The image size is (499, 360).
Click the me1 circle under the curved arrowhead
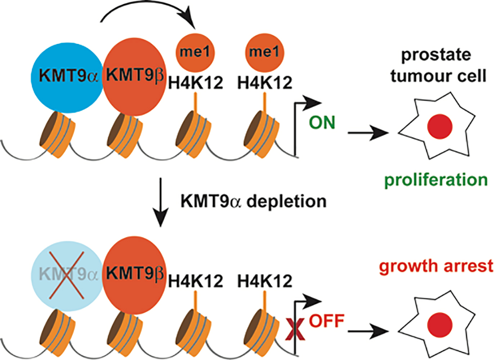(195, 52)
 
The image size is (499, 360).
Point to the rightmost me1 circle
(264, 52)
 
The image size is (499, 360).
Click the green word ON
(322, 123)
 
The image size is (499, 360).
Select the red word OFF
(326, 321)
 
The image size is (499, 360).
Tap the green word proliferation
(436, 180)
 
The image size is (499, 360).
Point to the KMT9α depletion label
(253, 201)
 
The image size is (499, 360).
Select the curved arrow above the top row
(148, 11)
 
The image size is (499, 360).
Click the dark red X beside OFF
(295, 329)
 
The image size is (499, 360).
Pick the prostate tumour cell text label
(438, 65)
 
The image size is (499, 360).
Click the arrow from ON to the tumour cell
(367, 133)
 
